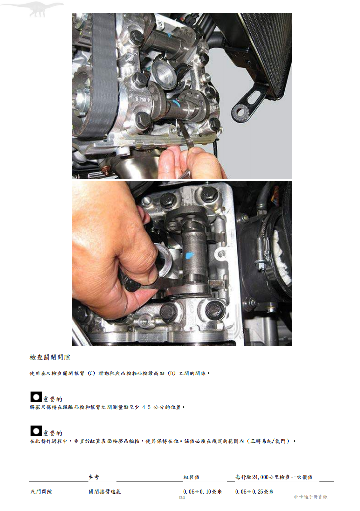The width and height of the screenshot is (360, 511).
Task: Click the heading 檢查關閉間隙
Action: click(x=50, y=357)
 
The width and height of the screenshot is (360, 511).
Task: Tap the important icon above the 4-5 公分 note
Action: click(x=36, y=397)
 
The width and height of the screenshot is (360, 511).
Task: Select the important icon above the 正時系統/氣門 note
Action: click(x=36, y=431)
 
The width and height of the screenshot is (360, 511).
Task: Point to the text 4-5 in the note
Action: click(x=146, y=407)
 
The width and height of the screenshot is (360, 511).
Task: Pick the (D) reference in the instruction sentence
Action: click(x=172, y=373)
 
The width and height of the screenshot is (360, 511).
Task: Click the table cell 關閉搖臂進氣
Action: click(x=104, y=491)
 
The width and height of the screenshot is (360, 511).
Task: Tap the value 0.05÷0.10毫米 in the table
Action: click(x=203, y=491)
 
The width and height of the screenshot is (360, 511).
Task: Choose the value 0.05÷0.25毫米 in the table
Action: click(x=255, y=491)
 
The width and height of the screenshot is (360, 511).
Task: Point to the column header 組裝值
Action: click(x=192, y=477)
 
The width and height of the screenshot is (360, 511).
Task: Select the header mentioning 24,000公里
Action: click(x=274, y=477)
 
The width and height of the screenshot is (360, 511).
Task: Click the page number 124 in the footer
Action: click(x=182, y=497)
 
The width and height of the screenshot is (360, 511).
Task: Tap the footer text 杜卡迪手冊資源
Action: click(x=311, y=497)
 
